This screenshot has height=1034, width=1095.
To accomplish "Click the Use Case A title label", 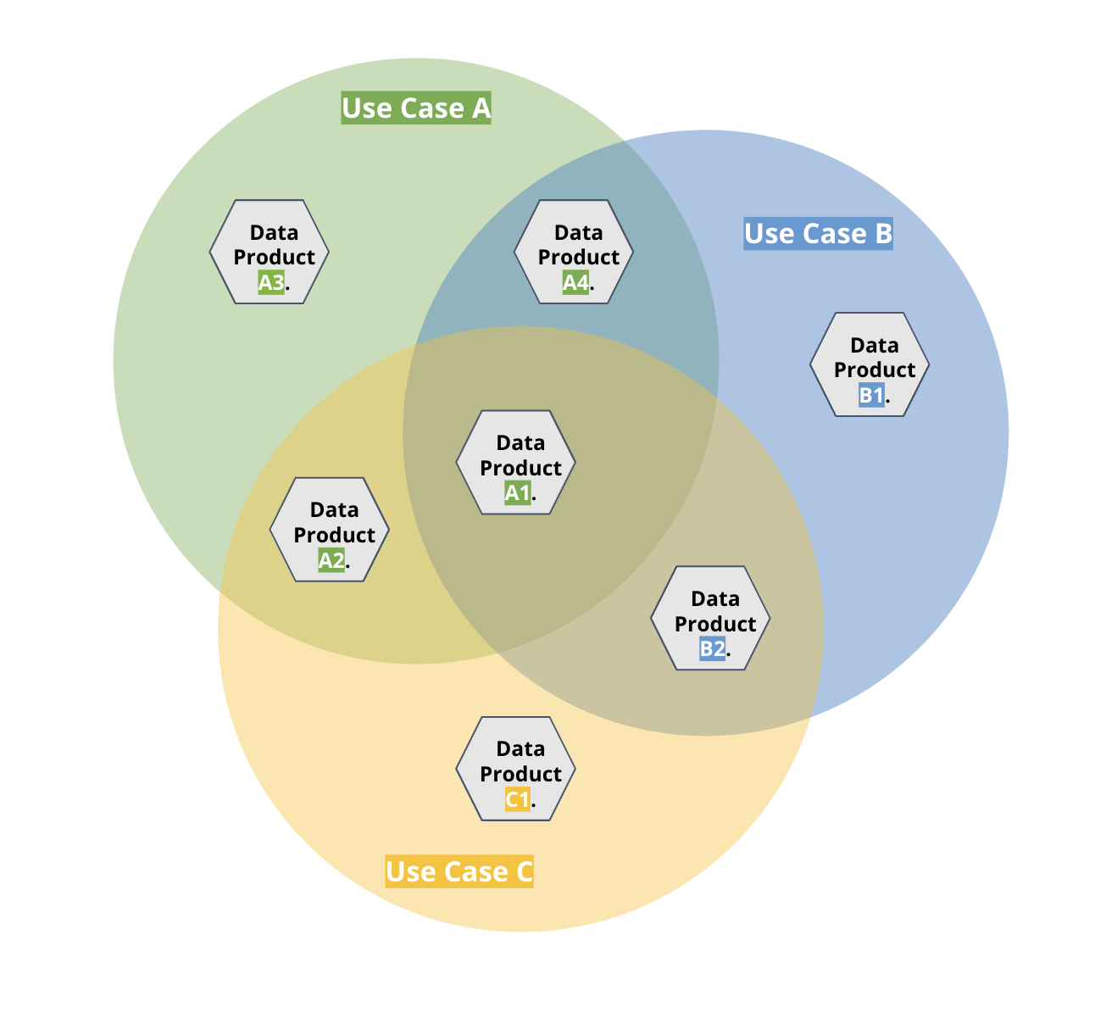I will (415, 108).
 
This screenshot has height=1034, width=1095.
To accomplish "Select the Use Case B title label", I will (818, 233).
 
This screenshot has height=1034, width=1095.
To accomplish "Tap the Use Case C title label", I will (459, 871).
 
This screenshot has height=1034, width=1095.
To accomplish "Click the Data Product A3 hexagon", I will (270, 252).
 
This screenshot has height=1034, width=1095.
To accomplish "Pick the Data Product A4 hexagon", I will (574, 252).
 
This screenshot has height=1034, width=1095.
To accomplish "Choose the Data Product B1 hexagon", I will (870, 364).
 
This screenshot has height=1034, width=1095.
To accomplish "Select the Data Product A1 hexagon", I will (516, 462).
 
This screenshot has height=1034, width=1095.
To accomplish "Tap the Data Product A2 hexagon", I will (330, 529).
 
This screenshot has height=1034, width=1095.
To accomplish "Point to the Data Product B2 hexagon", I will (710, 618).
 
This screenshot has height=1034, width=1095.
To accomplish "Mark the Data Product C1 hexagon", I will (516, 769).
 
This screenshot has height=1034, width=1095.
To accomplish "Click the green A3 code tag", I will (271, 282).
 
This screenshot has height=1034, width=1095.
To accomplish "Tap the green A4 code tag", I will (575, 282).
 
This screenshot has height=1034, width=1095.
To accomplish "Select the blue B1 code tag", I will (871, 395).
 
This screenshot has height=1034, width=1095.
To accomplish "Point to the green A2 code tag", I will (331, 559).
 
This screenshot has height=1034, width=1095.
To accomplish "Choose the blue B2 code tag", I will (712, 648).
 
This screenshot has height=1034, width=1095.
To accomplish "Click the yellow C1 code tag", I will (517, 799).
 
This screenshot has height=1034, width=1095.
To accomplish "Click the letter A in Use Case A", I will (481, 108).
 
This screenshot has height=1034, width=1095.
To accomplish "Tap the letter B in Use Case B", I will (882, 233).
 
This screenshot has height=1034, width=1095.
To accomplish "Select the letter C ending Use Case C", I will (523, 871).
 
